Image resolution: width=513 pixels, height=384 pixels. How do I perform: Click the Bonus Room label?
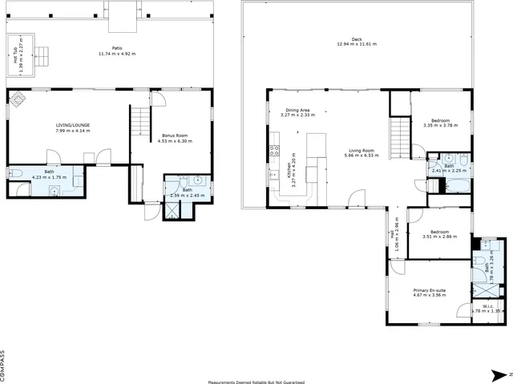[x=174, y=135]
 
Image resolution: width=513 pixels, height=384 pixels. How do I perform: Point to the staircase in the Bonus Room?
[x=141, y=123]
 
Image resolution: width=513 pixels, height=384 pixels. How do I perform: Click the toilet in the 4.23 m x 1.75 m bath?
[x=15, y=174]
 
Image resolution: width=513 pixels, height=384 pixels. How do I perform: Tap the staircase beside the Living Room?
[x=399, y=130]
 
